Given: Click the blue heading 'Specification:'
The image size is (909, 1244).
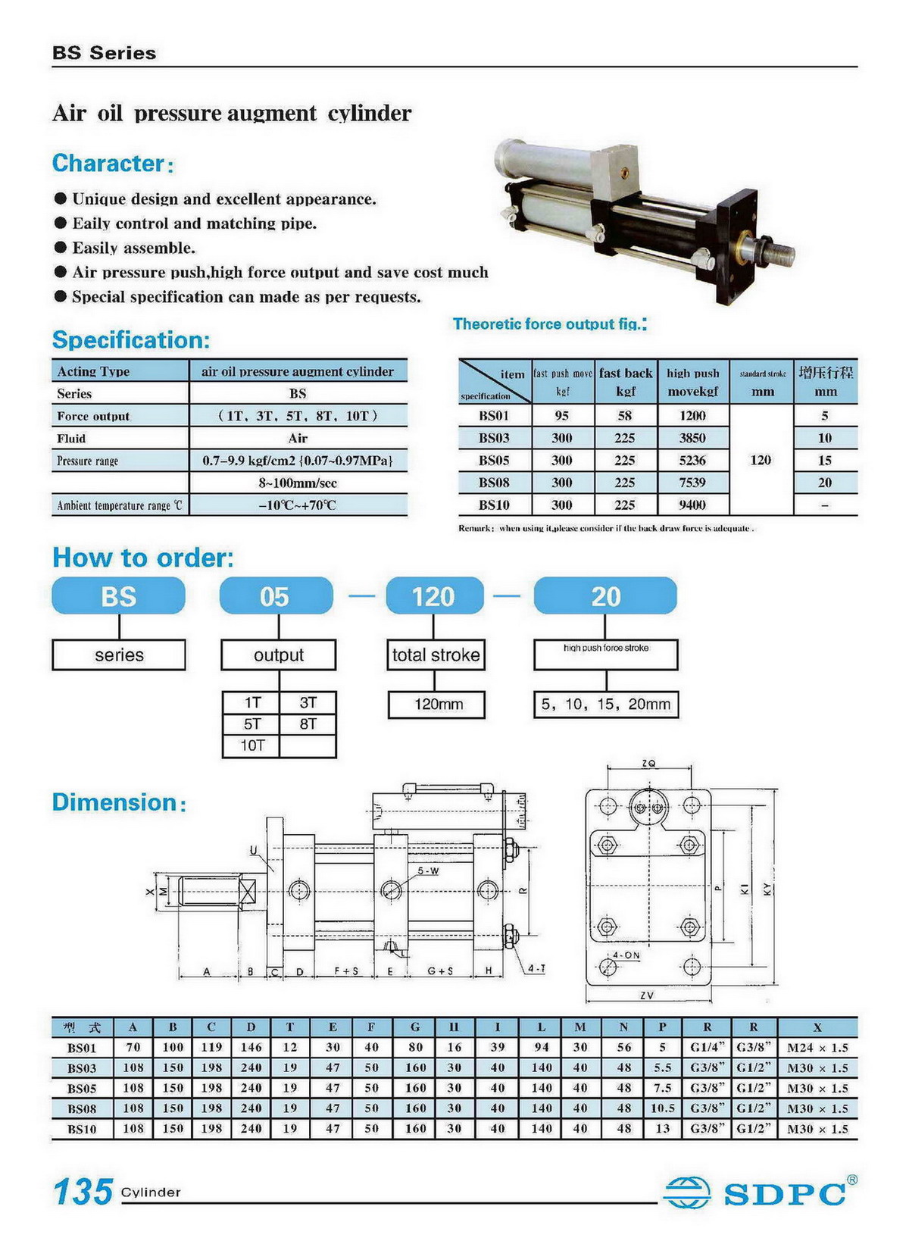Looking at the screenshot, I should pos(130,340).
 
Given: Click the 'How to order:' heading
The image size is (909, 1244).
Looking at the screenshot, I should pos(142,558).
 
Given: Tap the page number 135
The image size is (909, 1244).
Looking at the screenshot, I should pos(83,1192).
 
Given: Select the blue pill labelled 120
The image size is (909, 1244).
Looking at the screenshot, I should pos(434,596).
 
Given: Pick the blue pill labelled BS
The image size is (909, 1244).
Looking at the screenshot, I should pos(119,596).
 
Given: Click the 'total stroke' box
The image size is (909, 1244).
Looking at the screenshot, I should pos(436,655).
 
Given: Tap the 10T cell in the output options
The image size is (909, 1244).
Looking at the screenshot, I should pos(252,745).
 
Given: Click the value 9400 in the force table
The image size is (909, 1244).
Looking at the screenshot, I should pos(692,505).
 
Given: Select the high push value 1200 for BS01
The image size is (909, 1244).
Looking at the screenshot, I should pos(692,416).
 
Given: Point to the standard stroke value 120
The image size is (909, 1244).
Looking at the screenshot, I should pos(761,460).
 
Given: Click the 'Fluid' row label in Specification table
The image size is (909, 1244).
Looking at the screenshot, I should pos(71,439).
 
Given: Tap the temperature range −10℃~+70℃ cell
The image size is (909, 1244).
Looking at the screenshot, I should pos(298,505).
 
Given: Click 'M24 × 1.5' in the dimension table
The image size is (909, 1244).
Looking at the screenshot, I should pos(817,1048).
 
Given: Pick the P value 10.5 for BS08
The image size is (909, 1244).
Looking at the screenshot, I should pos(662,1108).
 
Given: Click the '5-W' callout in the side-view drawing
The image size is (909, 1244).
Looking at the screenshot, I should pos(428,871).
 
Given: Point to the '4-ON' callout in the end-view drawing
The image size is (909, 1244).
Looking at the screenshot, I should pos(626,955).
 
